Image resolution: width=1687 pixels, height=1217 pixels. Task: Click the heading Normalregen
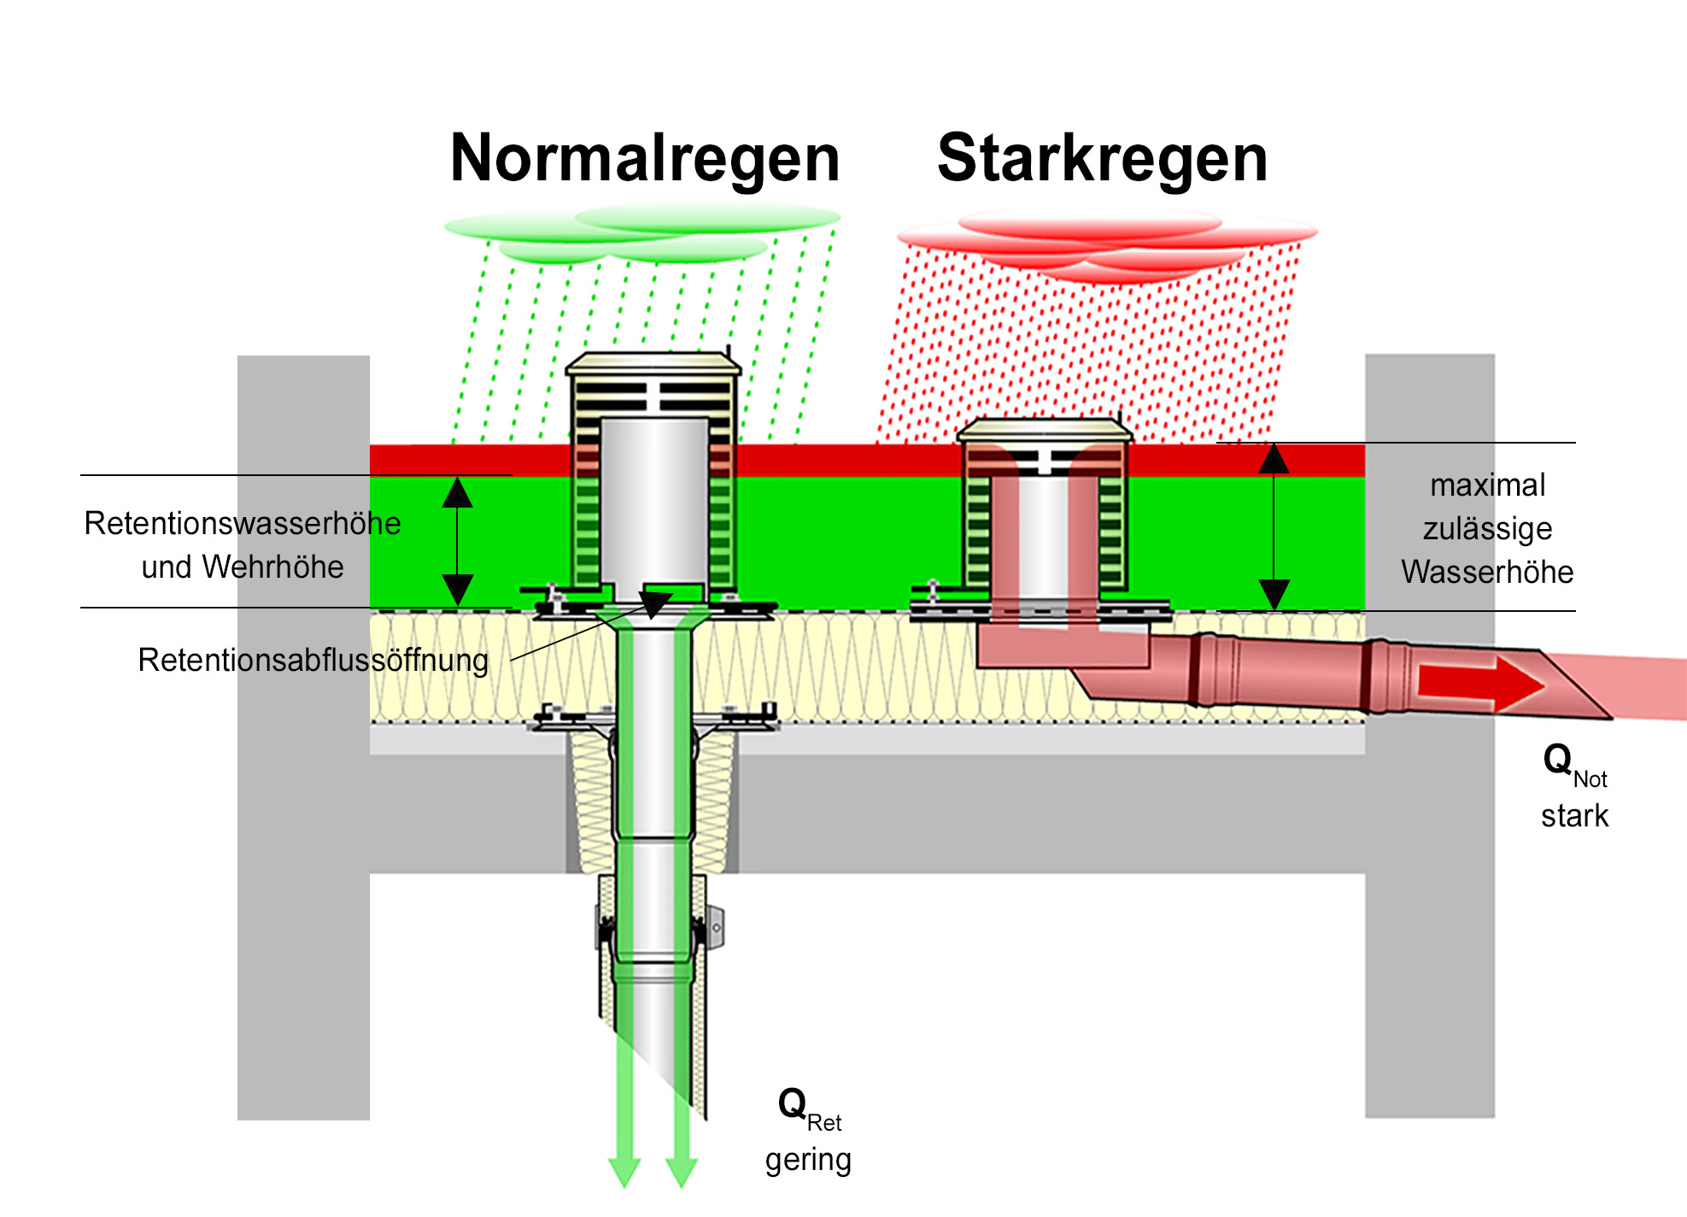[645, 159]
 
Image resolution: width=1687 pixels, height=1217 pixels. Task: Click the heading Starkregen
[1102, 159]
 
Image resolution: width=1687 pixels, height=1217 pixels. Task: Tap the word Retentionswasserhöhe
[243, 523]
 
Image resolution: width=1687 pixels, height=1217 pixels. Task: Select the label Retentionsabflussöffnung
[313, 661]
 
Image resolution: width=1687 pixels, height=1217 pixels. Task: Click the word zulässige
[1487, 529]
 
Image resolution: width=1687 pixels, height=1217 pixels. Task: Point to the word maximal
[1487, 485]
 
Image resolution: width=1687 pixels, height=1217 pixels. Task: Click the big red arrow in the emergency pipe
[1480, 685]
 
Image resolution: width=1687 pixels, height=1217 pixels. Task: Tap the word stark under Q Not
[1574, 816]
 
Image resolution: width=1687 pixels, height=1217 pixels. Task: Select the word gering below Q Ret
[808, 1160]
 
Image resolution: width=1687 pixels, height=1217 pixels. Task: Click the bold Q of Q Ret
[792, 1103]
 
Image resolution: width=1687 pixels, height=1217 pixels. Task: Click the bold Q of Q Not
[1557, 759]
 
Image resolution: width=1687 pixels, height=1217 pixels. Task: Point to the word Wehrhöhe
[272, 567]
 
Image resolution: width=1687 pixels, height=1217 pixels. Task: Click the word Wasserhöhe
[1487, 573]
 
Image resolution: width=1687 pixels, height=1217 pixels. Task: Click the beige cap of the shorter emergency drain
[1045, 429]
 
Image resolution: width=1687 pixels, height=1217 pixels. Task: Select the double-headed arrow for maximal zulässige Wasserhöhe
[1274, 526]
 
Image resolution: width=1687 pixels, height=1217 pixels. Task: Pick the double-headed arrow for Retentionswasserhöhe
[457, 541]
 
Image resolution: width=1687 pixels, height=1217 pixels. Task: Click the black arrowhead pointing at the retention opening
[654, 604]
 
